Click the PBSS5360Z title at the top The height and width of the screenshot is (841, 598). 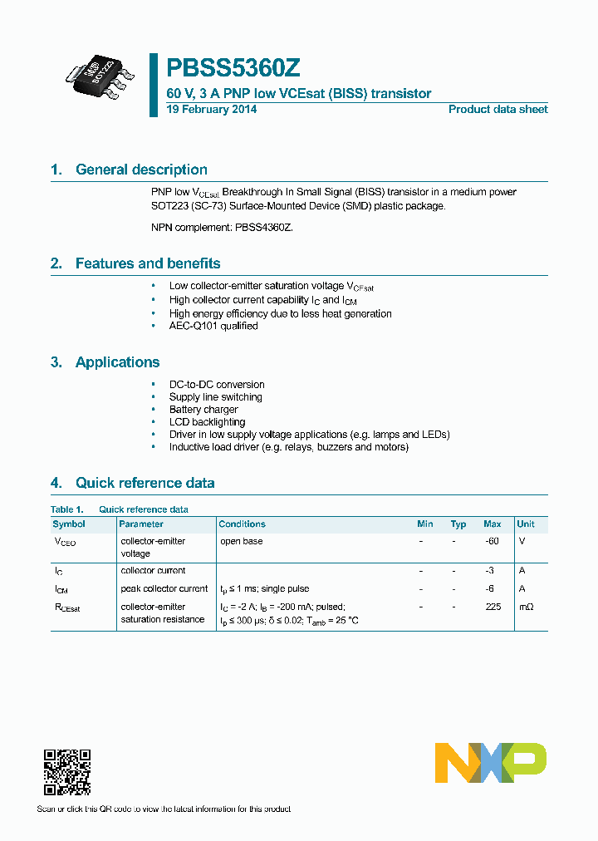228,68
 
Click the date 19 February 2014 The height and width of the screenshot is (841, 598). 212,109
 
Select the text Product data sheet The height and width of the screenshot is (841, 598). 498,109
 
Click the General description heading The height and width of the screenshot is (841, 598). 141,170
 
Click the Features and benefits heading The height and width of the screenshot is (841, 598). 148,263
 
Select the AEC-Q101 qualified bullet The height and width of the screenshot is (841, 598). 213,326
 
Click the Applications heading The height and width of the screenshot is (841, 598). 117,362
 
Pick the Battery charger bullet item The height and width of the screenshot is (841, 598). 203,410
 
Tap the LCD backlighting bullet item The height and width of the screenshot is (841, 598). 207,422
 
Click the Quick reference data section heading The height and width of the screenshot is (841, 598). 145,483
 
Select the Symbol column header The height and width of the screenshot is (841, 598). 69,524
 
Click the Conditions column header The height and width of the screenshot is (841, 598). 242,524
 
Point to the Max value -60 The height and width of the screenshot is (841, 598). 492,541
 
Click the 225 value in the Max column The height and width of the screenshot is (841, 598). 493,607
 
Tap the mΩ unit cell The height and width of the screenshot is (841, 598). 526,607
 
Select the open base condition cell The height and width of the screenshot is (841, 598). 242,541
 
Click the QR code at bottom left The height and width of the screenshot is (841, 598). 66,772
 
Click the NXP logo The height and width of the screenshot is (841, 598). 491,763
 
